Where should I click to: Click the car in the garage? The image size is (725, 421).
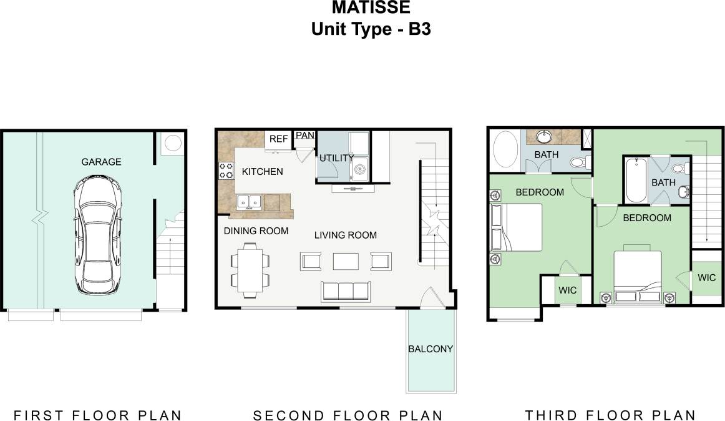(x=96, y=234)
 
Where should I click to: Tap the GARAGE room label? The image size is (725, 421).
(x=101, y=162)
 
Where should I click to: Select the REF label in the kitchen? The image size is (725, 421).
(x=278, y=139)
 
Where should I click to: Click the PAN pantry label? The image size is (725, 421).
(x=304, y=136)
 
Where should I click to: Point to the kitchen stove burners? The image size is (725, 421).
(x=225, y=171)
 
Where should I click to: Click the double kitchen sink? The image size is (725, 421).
(x=249, y=202)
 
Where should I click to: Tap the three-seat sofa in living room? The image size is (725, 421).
(x=345, y=291)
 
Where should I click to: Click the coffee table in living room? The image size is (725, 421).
(x=346, y=260)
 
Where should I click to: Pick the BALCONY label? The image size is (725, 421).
(x=431, y=349)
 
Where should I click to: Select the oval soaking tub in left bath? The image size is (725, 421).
(x=506, y=151)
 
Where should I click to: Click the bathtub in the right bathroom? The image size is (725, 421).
(x=636, y=180)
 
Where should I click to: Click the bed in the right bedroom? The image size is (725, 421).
(x=636, y=275)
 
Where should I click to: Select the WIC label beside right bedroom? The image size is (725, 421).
(x=706, y=278)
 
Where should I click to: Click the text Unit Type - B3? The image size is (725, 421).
(x=371, y=29)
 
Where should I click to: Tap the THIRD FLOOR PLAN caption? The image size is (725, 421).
(x=610, y=415)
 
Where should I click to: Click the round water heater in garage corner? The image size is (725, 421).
(x=172, y=144)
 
